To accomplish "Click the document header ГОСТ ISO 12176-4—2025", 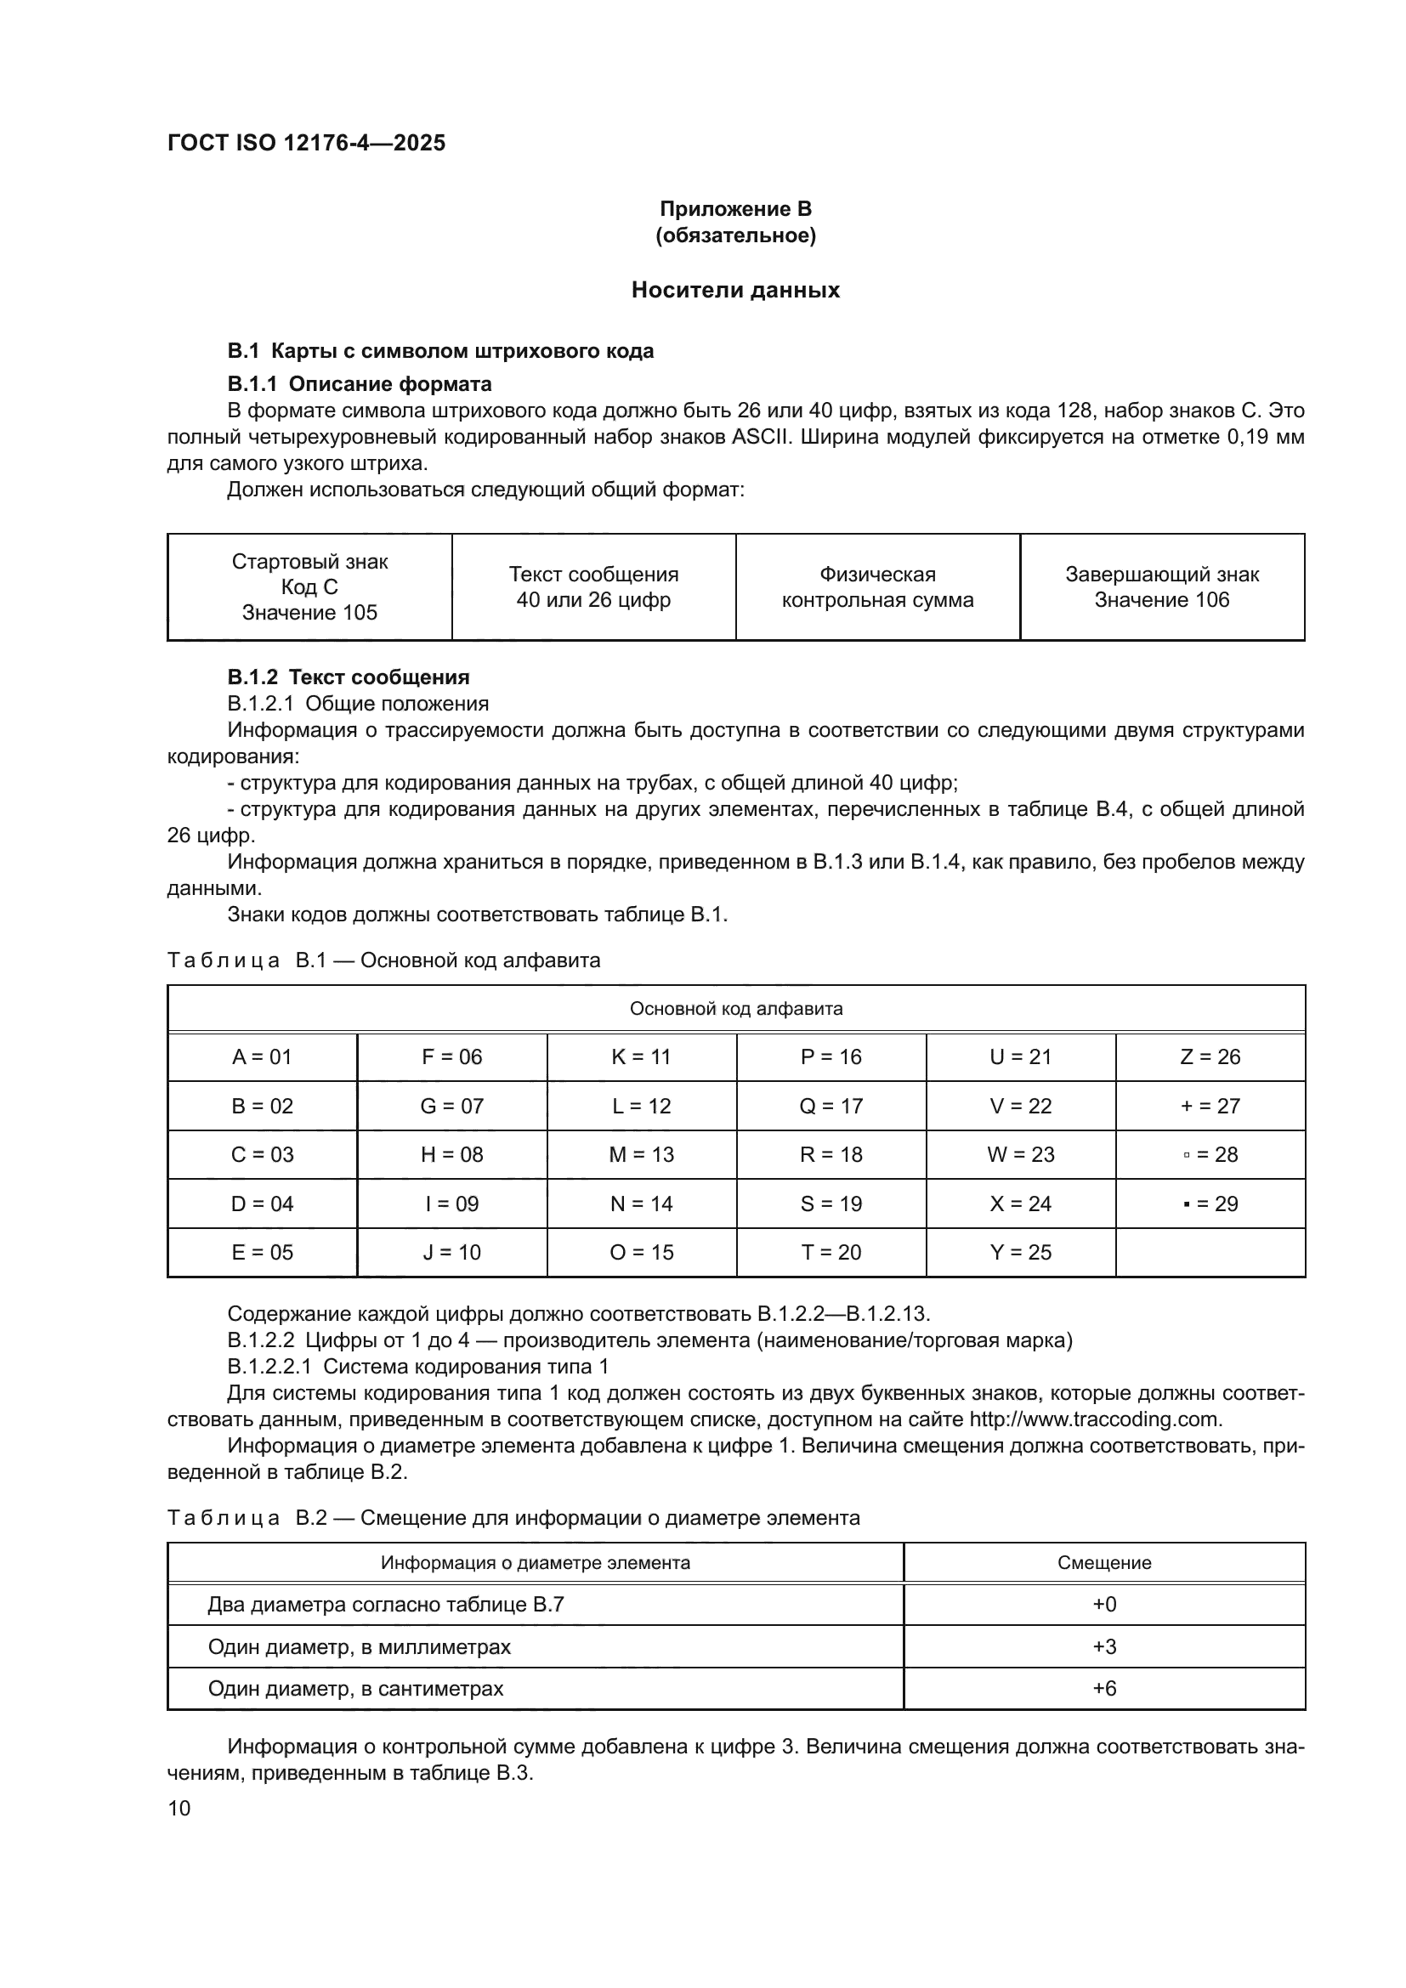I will pyautogui.click(x=306, y=143).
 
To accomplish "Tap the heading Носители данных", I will pyautogui.click(x=735, y=290).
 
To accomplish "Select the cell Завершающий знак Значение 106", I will pyautogui.click(x=1161, y=587).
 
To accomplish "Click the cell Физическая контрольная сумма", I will pyautogui.click(x=877, y=587).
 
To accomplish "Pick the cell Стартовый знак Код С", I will pyautogui.click(x=309, y=587).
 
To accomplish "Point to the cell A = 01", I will pyautogui.click(x=262, y=1056).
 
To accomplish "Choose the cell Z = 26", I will pyautogui.click(x=1210, y=1056).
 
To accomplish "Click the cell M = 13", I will pyautogui.click(x=641, y=1154).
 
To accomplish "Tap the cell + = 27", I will pyautogui.click(x=1210, y=1106).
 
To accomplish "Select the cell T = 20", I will pyautogui.click(x=831, y=1252).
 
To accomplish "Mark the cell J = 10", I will pyautogui.click(x=451, y=1252).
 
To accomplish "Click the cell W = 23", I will pyautogui.click(x=1020, y=1154).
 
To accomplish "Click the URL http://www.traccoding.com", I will pyautogui.click(x=1094, y=1419).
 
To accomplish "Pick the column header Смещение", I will pyautogui.click(x=1104, y=1563).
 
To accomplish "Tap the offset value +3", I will pyautogui.click(x=1104, y=1646).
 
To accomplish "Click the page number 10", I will pyautogui.click(x=179, y=1808).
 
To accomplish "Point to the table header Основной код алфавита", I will pyautogui.click(x=735, y=1009).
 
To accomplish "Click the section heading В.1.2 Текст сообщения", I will pyautogui.click(x=348, y=677).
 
